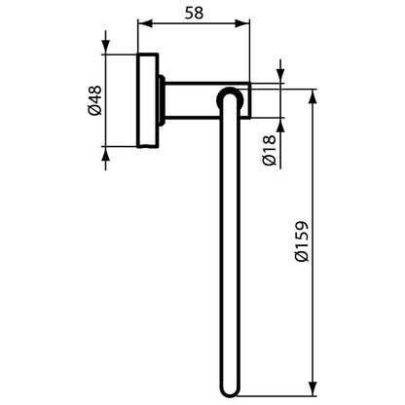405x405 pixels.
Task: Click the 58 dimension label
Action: coord(194,13)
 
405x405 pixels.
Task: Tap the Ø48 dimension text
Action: coord(95,100)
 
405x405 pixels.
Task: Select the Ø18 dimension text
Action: coord(269,150)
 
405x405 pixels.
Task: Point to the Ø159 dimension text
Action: coord(301,241)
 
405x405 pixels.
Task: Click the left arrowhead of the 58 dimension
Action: coord(145,23)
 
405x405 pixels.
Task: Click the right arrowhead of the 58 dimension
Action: coord(242,23)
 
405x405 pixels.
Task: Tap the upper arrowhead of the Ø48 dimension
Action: coord(106,48)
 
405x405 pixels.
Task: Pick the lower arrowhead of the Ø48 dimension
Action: coord(106,153)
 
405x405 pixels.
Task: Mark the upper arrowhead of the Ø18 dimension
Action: coord(280,76)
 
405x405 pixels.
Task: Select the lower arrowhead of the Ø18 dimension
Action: coord(280,125)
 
